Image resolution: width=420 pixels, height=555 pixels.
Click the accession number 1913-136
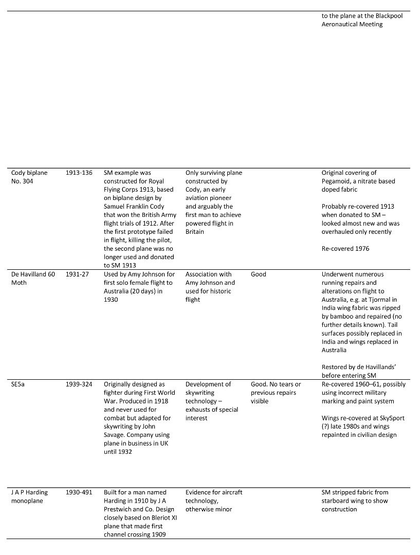(x=79, y=173)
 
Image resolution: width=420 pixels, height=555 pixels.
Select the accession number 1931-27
(x=77, y=274)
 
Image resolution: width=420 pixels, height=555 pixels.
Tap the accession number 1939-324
(x=79, y=384)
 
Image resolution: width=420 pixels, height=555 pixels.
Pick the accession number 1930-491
(x=79, y=492)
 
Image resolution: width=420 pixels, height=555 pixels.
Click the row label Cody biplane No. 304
(x=29, y=177)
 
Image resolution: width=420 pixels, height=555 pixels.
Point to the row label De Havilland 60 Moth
(x=33, y=279)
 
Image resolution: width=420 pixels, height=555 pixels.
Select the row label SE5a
(x=19, y=384)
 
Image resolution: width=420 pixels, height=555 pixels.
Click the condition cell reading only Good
(x=259, y=274)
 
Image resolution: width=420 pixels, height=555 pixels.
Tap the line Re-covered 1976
(x=346, y=249)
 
